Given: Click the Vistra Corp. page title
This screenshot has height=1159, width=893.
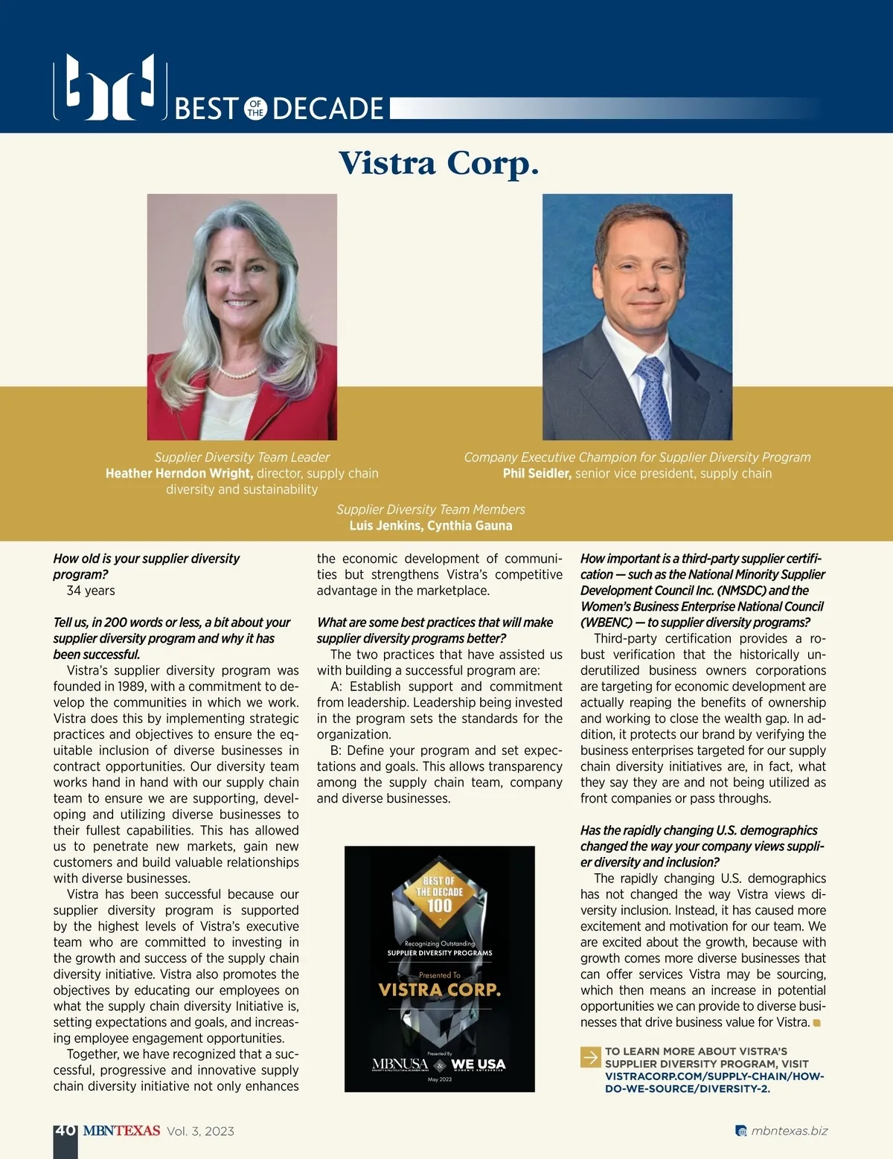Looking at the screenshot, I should (438, 163).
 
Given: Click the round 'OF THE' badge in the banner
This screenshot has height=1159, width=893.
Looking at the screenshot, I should (255, 109).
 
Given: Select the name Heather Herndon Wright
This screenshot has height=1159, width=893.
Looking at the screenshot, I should (179, 473).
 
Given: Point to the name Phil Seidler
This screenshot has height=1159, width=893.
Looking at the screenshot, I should (537, 473).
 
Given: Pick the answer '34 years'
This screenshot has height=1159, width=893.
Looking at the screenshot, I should (91, 591).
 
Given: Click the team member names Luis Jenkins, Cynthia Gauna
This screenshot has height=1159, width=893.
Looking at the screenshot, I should (431, 525).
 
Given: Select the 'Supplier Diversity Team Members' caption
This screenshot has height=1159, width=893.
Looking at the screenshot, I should (431, 510).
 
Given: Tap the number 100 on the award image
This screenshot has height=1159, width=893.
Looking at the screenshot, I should (439, 905).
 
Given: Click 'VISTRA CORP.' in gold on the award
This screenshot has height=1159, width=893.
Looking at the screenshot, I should (439, 990).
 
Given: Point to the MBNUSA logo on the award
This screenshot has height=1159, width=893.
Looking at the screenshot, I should (400, 1065).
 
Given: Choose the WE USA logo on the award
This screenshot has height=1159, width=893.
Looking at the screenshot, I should (478, 1065).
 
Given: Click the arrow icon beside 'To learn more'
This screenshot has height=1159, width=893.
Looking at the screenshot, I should (591, 1057).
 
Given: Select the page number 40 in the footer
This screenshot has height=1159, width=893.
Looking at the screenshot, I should (65, 1131).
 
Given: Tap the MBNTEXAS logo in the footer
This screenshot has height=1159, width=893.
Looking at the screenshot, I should (121, 1131).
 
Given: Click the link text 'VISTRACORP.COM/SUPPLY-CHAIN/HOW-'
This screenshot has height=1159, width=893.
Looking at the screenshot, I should (714, 1076).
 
